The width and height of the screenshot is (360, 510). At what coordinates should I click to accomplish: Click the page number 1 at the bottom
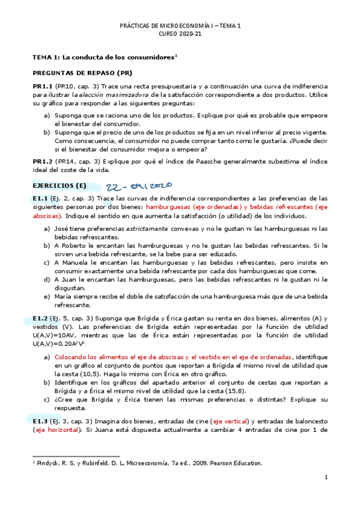pos(325,478)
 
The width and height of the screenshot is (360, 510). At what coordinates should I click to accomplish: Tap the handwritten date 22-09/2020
pos(139,187)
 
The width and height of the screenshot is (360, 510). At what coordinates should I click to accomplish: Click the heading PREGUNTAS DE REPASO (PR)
pos(82,73)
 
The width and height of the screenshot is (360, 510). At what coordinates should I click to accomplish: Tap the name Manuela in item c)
pos(78,263)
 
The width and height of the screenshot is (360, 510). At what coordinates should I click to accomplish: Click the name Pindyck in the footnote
pos(49,463)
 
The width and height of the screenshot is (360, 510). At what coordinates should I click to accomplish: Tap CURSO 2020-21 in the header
pos(180,34)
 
